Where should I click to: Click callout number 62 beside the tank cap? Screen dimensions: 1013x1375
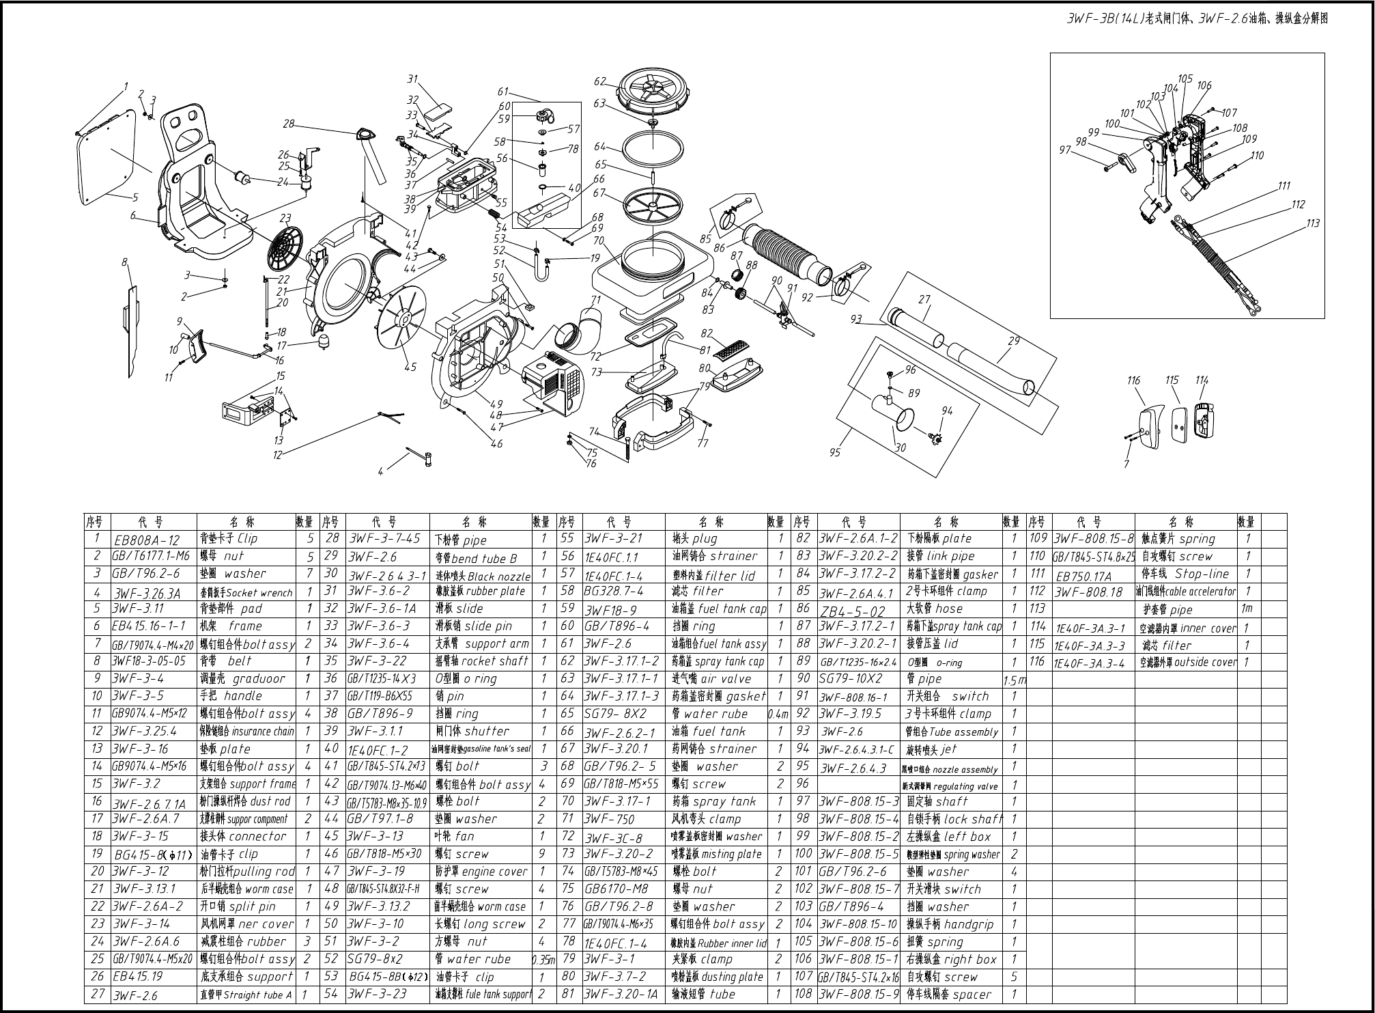pyautogui.click(x=599, y=81)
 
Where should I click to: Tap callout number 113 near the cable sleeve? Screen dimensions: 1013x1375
pyautogui.click(x=1313, y=223)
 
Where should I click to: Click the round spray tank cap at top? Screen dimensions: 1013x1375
pyautogui.click(x=653, y=91)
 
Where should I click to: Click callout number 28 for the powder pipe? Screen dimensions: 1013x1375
pyautogui.click(x=289, y=124)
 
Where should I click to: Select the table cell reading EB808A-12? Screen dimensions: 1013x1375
pyautogui.click(x=147, y=540)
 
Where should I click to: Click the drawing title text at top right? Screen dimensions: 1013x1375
pyautogui.click(x=1197, y=19)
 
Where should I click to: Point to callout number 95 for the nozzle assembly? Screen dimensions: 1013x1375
pyautogui.click(x=834, y=452)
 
